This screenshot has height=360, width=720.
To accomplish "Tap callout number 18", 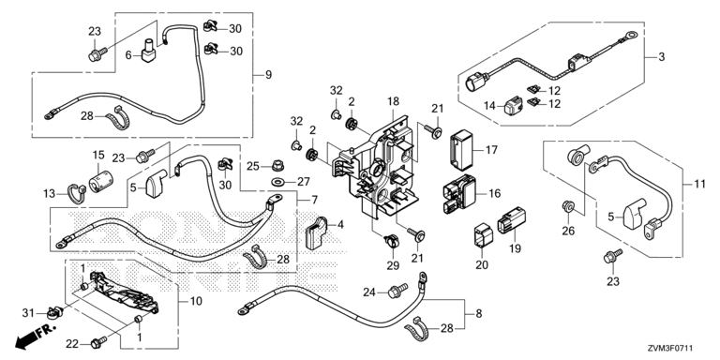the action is [x=394, y=101].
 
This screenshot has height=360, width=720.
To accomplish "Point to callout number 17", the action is [x=492, y=150].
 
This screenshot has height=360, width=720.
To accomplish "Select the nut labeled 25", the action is [x=277, y=164].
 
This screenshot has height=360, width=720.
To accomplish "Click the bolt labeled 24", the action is [x=397, y=291].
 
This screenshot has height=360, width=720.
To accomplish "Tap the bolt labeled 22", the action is [x=98, y=341].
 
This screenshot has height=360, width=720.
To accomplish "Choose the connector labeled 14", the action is [x=512, y=107].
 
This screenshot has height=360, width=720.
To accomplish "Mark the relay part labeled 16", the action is [x=459, y=194].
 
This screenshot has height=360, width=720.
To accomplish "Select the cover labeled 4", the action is [x=316, y=232].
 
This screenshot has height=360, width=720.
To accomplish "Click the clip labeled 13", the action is [x=77, y=192].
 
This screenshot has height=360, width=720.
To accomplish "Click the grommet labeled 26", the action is [x=569, y=207].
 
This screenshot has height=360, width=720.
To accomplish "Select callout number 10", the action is [x=196, y=301].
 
